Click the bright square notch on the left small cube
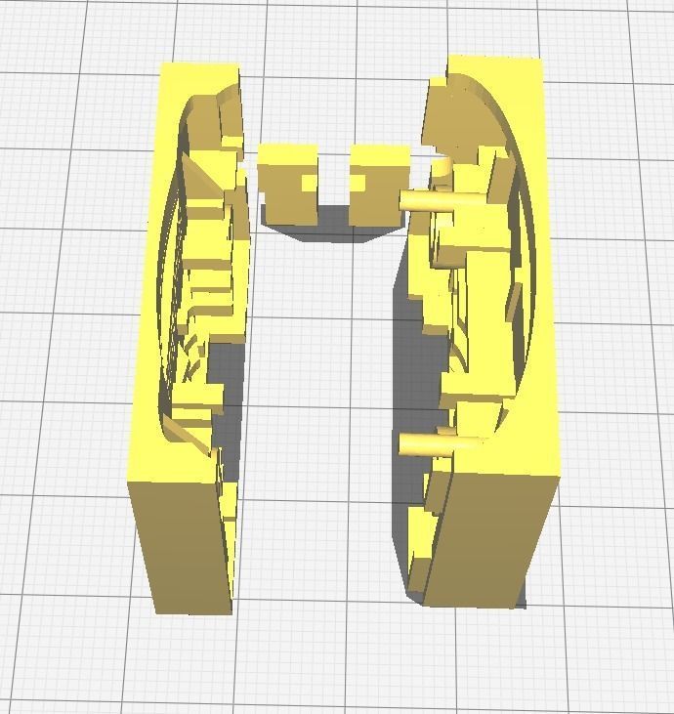[309, 183]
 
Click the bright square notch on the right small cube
[358, 183]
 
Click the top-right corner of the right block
[540, 59]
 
